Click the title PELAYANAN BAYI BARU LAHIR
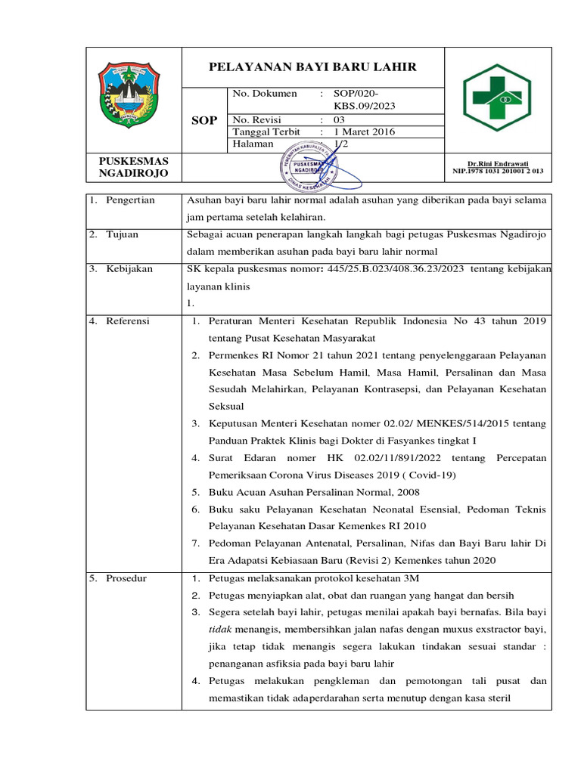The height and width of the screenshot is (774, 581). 312,67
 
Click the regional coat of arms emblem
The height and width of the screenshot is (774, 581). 130,97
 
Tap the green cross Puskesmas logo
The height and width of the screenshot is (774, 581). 497,98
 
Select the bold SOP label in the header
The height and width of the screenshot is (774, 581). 204,120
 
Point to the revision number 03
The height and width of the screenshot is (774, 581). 339,119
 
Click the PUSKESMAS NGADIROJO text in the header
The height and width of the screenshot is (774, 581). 134,167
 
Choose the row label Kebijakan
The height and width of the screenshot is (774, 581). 129,269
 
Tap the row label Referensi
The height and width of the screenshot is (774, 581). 128,321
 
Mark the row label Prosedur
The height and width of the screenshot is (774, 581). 126,579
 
